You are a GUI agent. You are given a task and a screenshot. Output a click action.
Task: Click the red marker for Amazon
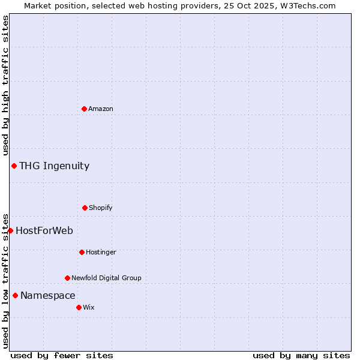click(x=84, y=109)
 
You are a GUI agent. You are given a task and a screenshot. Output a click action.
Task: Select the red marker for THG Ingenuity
click(x=14, y=166)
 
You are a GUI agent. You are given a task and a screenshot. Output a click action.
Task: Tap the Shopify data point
click(x=85, y=208)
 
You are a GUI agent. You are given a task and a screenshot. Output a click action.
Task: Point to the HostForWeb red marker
click(x=10, y=230)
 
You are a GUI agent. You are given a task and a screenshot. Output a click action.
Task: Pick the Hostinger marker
click(x=82, y=252)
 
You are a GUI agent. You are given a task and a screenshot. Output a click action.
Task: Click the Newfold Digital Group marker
click(x=67, y=278)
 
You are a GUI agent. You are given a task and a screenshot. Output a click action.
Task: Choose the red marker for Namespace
click(x=15, y=295)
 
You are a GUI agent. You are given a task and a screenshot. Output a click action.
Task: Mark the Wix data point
click(x=79, y=307)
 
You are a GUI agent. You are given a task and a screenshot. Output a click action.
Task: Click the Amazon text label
click(x=101, y=109)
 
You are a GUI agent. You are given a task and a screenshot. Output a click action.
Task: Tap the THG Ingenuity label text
click(x=54, y=166)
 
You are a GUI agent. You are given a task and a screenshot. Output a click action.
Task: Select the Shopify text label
click(x=101, y=208)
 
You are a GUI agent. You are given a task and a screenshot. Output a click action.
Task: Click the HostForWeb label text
click(x=44, y=231)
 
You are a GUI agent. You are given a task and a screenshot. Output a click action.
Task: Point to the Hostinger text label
click(x=101, y=252)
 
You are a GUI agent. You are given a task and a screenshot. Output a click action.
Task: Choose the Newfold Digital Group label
click(x=106, y=278)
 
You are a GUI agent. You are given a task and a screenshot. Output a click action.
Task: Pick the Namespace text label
click(x=48, y=296)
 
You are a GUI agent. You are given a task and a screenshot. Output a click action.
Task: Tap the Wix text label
click(x=89, y=307)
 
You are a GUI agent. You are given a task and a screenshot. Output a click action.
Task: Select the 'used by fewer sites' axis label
click(x=62, y=355)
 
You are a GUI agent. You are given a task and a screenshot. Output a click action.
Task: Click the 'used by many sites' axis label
click(x=301, y=355)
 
